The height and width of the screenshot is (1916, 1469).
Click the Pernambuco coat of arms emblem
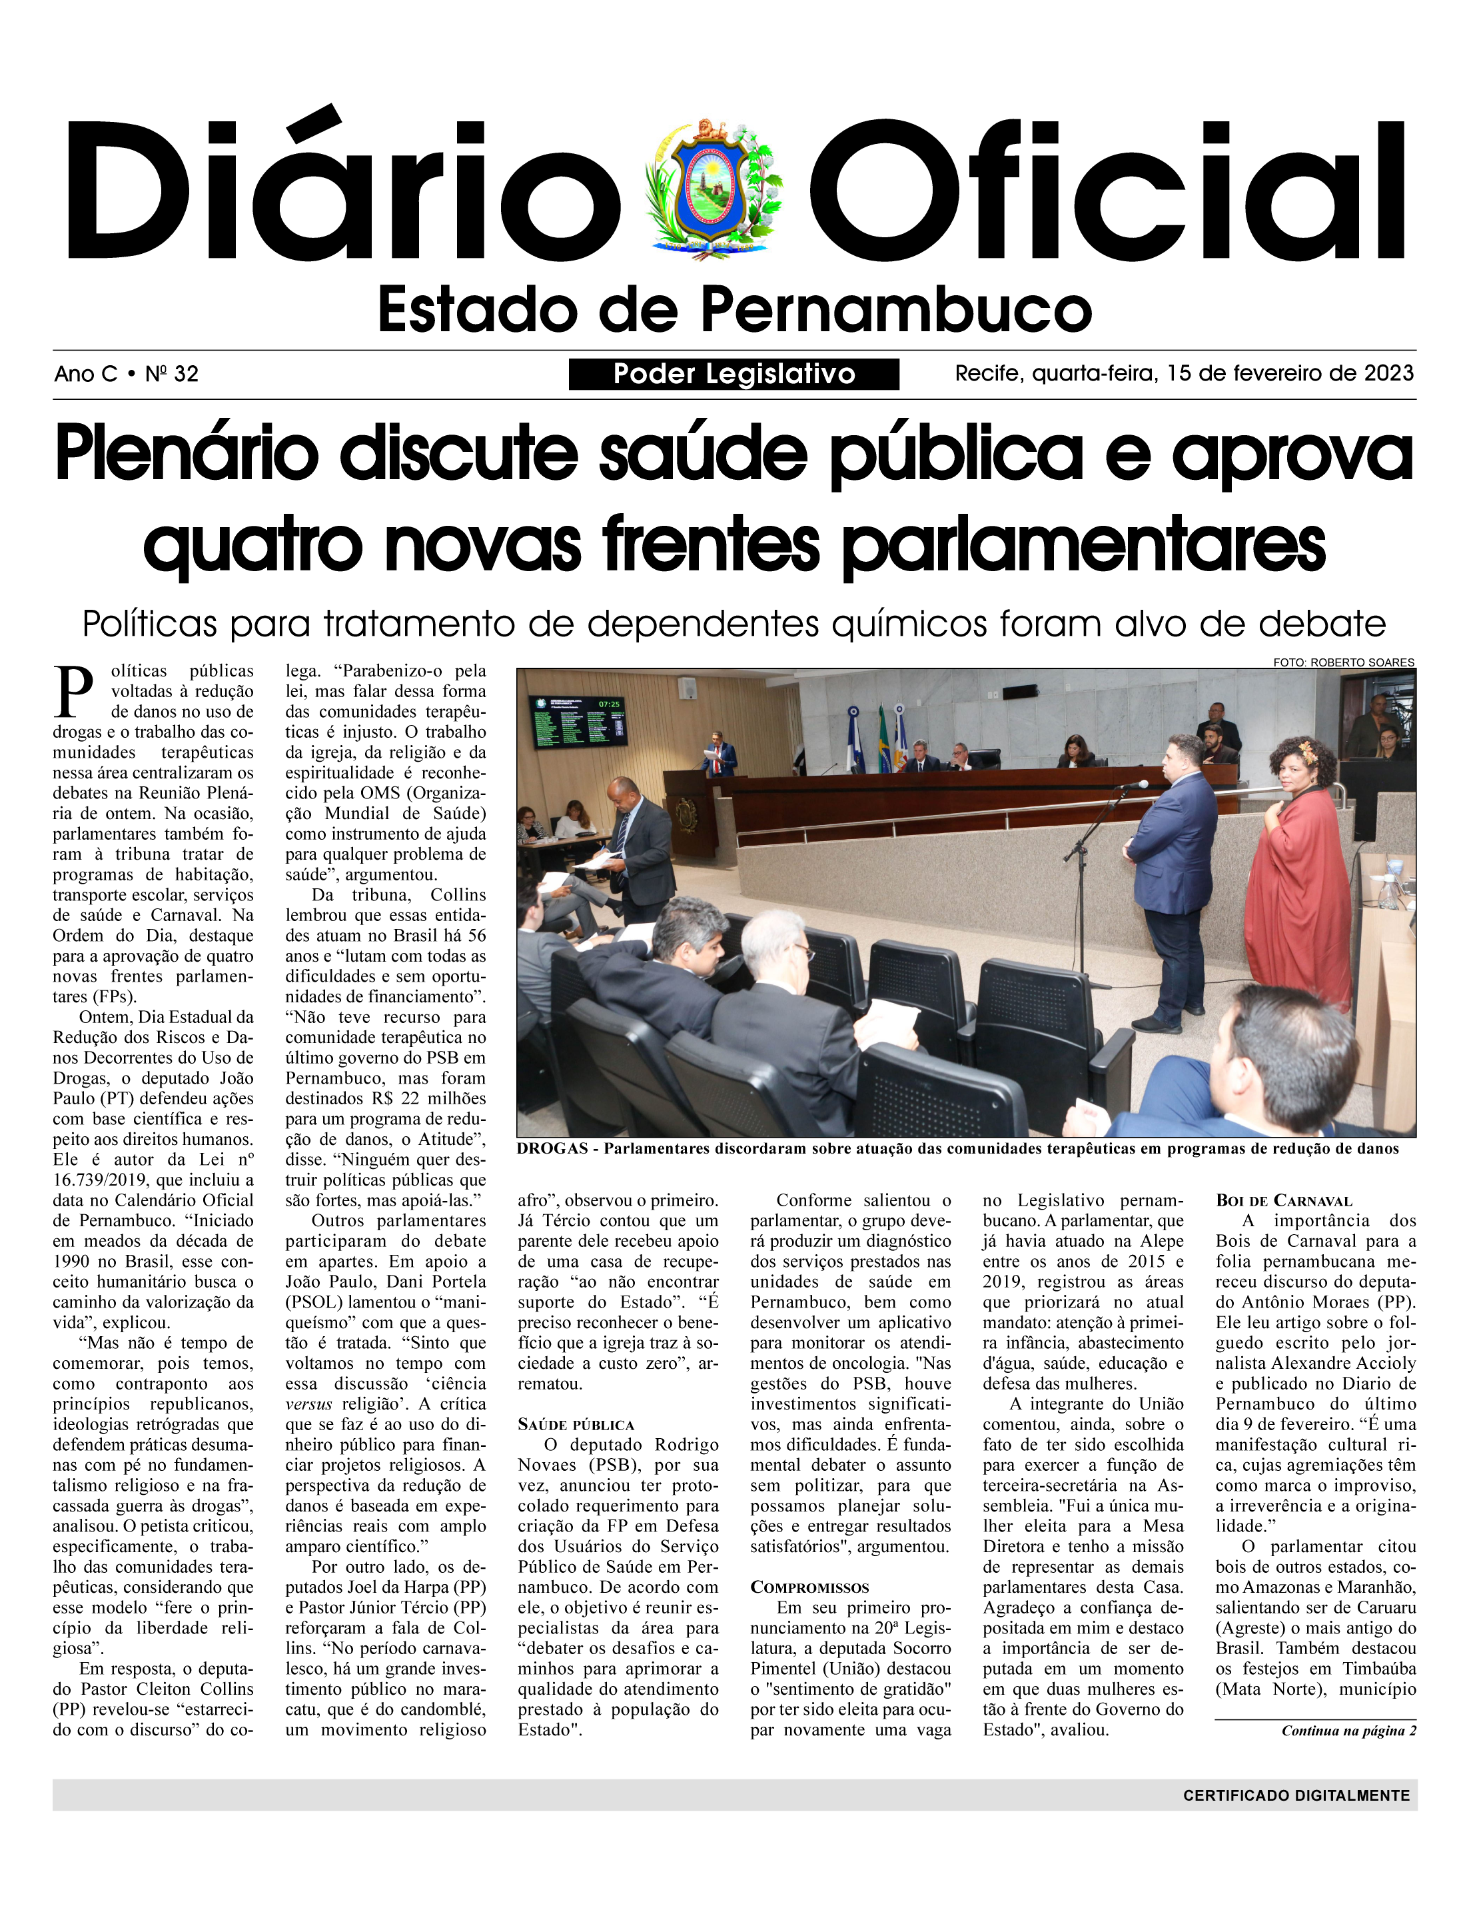tap(714, 189)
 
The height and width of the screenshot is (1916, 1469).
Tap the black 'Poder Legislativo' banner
tap(734, 375)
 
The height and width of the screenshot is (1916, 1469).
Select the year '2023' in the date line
tap(1388, 373)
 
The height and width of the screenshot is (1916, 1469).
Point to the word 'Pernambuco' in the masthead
tap(897, 310)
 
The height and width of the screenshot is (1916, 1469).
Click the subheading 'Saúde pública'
tap(576, 1425)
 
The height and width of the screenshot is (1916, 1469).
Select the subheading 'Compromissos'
tap(809, 1587)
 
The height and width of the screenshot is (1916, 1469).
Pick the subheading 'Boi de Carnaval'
tap(1271, 1201)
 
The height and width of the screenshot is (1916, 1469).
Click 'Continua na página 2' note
tap(1348, 1731)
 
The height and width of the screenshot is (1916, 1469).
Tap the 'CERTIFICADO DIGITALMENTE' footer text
tap(1296, 1795)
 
